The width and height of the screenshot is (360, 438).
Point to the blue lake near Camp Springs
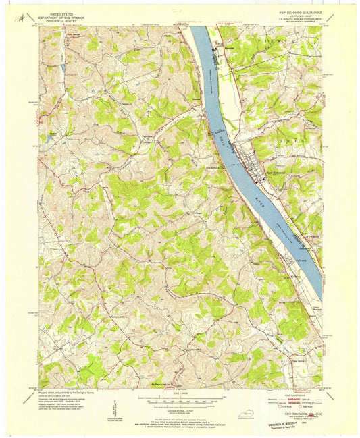(63, 69)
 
